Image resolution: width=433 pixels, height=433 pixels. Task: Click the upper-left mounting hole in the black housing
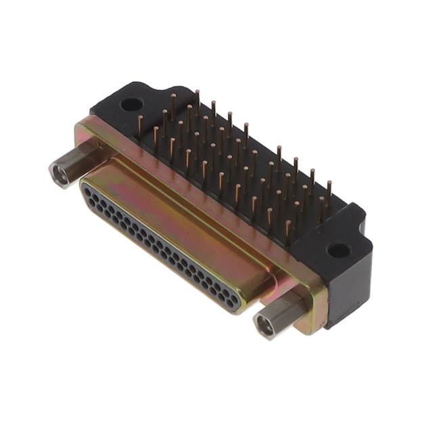tap(131, 105)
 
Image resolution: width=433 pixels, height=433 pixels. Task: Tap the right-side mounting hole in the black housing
tap(338, 250)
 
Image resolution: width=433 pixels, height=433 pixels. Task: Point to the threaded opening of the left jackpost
tap(60, 175)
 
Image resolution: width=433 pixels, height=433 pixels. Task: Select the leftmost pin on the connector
tap(140, 123)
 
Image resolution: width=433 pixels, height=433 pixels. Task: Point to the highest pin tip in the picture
tap(197, 93)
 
